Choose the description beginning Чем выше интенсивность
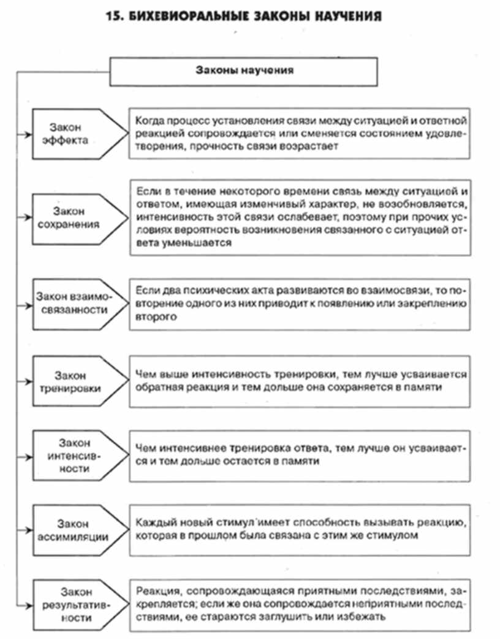coord(300,381)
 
